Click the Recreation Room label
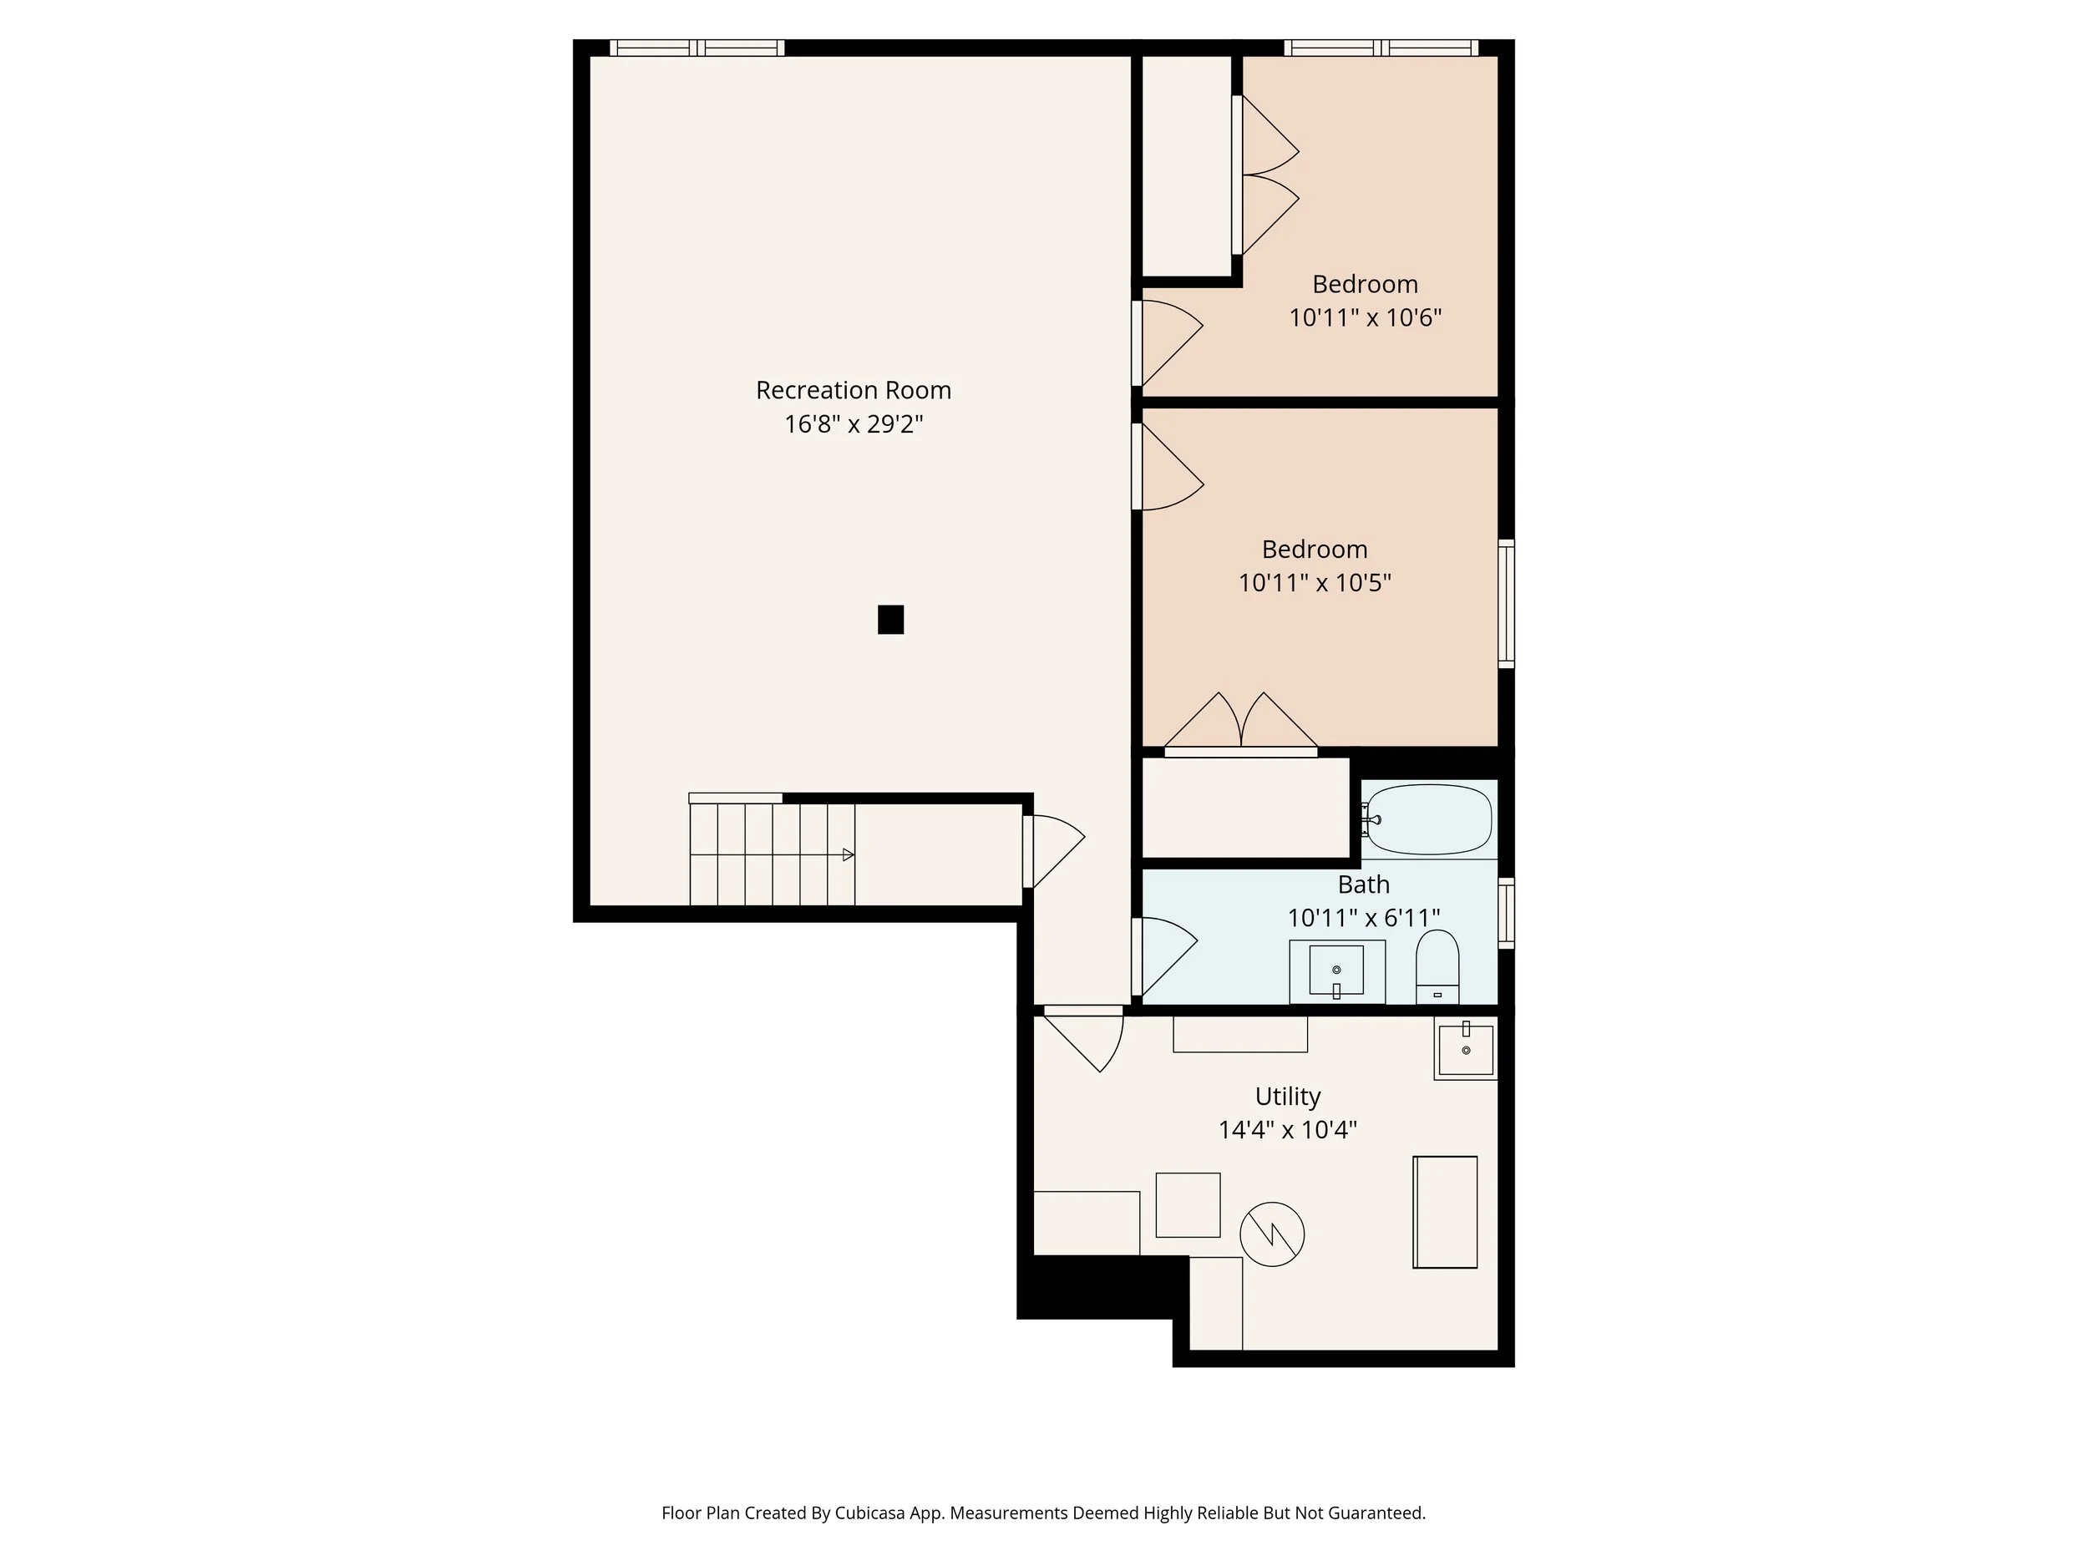pyautogui.click(x=853, y=390)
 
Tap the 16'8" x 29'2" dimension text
pyautogui.click(x=853, y=423)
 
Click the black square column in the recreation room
pyautogui.click(x=890, y=619)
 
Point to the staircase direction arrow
pyautogui.click(x=848, y=854)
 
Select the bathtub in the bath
pyautogui.click(x=1428, y=819)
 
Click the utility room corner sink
pyautogui.click(x=1465, y=1049)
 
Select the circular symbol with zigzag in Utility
pyautogui.click(x=1271, y=1234)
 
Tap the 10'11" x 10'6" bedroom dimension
pyautogui.click(x=1364, y=317)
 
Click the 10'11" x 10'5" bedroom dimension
pyautogui.click(x=1314, y=582)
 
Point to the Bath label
pyautogui.click(x=1363, y=884)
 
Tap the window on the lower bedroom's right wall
pyautogui.click(x=1507, y=604)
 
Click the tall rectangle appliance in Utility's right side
pyautogui.click(x=1444, y=1212)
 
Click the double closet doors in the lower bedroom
pyautogui.click(x=1240, y=727)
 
